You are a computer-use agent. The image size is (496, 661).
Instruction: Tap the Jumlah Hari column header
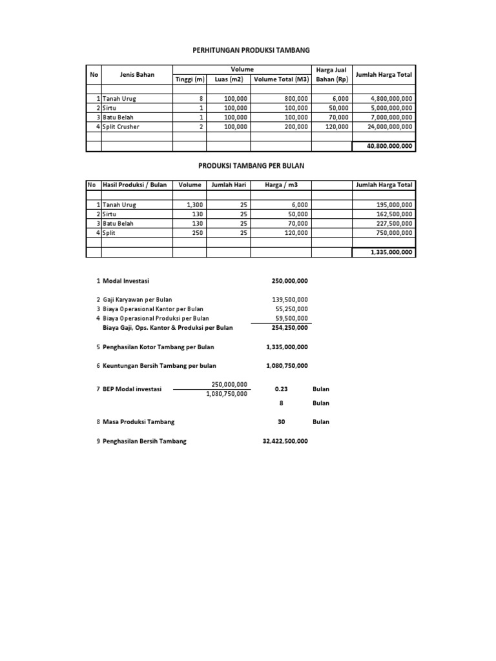pos(229,185)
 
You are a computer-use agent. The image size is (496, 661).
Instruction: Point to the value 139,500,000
pos(289,300)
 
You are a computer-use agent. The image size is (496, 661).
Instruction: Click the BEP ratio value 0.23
pos(281,389)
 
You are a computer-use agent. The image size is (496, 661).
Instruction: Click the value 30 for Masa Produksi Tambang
pos(281,422)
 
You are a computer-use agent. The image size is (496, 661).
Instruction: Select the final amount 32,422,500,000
pos(285,441)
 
